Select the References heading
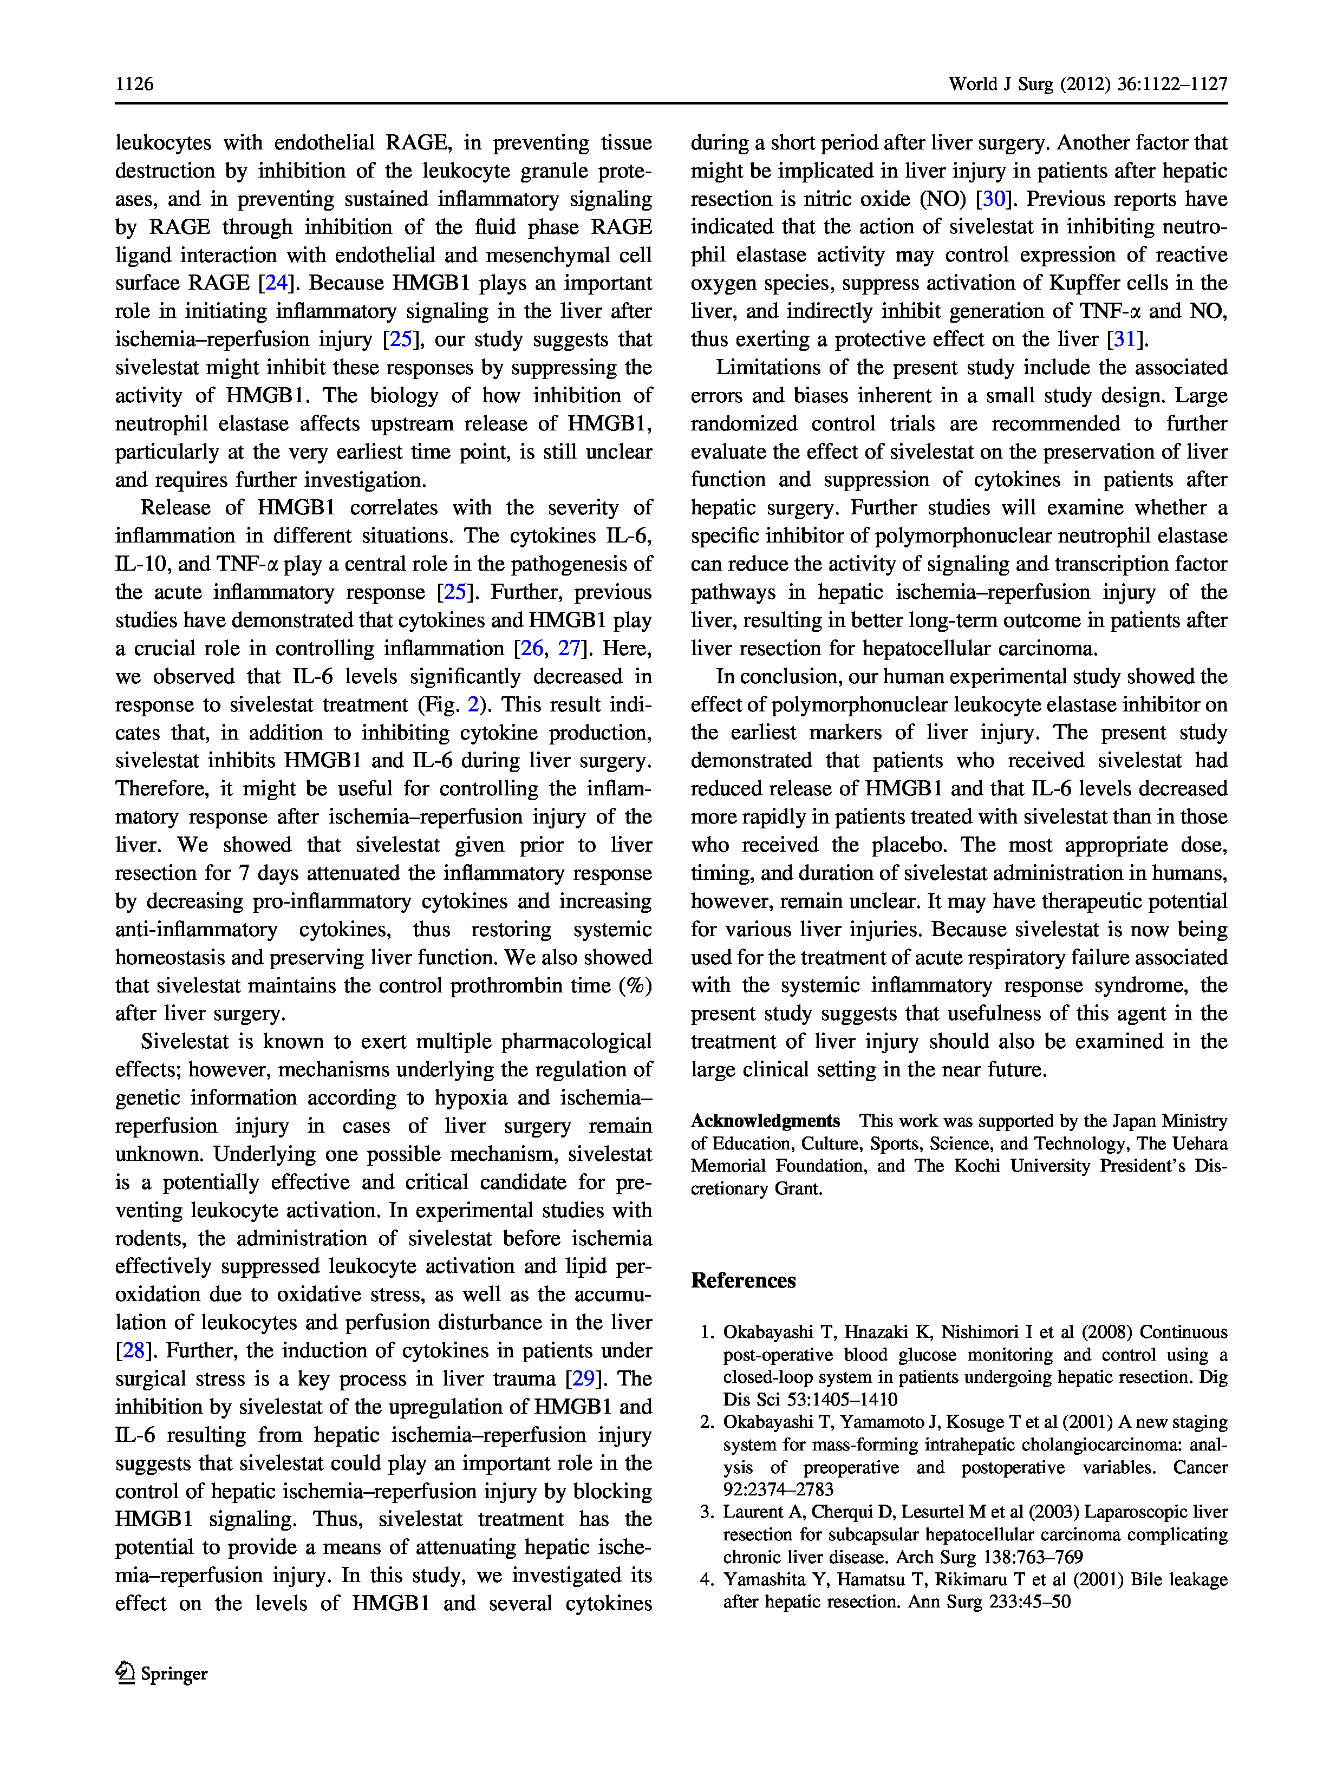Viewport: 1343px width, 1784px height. [x=743, y=1280]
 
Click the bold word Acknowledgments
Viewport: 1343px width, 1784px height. [x=765, y=1121]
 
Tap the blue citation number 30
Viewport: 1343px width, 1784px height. [x=993, y=199]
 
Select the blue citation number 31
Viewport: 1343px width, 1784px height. [x=1124, y=339]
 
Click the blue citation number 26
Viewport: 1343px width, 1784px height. [x=532, y=649]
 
